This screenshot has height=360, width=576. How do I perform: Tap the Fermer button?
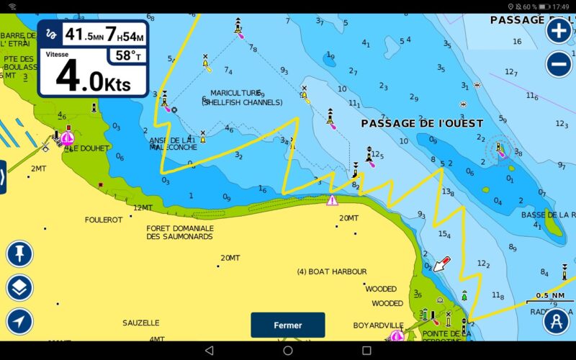click(x=287, y=325)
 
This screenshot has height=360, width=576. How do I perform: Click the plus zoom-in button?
click(x=559, y=30)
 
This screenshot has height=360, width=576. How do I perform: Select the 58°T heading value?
click(x=129, y=55)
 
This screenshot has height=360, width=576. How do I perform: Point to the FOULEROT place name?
click(x=104, y=220)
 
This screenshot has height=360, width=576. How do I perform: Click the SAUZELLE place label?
click(x=141, y=323)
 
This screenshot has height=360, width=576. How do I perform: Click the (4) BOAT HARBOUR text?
click(x=332, y=271)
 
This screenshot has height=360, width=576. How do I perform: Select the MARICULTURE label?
click(x=235, y=93)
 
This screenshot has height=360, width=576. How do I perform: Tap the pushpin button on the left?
click(x=19, y=253)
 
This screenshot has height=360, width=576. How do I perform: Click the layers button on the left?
click(x=19, y=288)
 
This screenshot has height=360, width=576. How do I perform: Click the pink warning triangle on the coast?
click(x=332, y=200)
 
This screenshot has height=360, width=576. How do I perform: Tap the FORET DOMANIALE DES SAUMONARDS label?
click(x=180, y=233)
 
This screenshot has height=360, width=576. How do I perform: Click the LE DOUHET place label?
click(x=89, y=148)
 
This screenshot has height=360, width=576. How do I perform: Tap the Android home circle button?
click(x=287, y=350)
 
